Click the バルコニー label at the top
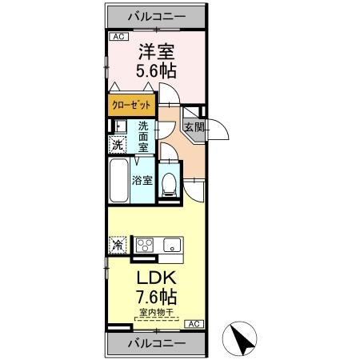(157, 16)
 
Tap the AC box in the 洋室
(118, 37)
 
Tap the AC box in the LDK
(194, 323)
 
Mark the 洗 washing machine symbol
(117, 145)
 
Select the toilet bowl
(169, 184)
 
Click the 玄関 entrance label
(194, 127)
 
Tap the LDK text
(157, 279)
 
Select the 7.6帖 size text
(157, 298)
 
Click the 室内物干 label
(157, 313)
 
